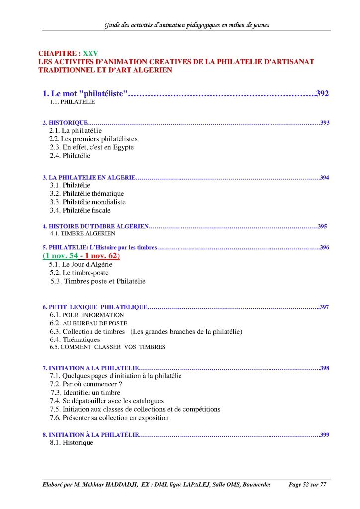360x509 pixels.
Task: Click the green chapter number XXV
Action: click(90, 53)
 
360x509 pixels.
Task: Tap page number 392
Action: click(323, 93)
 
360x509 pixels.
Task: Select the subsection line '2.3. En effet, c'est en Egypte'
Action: click(91, 147)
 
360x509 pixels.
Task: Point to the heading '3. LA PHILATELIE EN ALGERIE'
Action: click(89, 177)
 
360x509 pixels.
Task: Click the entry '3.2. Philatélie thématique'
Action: click(87, 193)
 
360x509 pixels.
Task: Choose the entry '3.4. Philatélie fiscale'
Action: click(80, 210)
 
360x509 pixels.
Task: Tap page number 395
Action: click(322, 226)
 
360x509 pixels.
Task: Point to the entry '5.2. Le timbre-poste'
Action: click(79, 273)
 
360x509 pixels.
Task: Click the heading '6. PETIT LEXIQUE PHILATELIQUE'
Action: click(94, 307)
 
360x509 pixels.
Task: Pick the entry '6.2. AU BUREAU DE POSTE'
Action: click(88, 323)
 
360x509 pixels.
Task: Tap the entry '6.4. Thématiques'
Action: click(75, 339)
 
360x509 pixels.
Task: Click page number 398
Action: click(325, 368)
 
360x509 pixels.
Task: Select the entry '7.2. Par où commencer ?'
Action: click(86, 384)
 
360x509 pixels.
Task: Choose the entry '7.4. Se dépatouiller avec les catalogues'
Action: click(106, 401)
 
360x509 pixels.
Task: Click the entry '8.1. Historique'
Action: click(71, 442)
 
